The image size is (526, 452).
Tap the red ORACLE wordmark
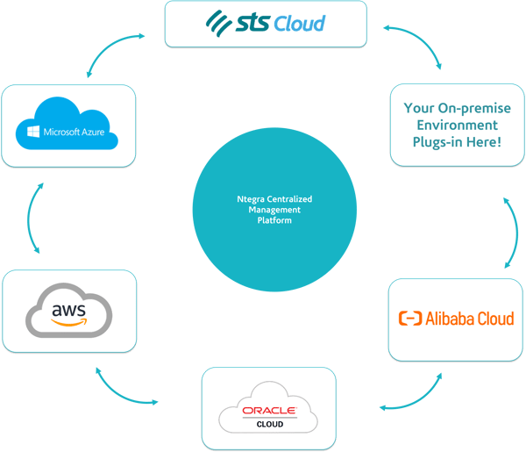coord(269,409)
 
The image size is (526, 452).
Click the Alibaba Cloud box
coord(456,319)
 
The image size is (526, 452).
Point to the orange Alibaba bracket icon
coord(410,319)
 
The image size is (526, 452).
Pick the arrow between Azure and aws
coord(34,220)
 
